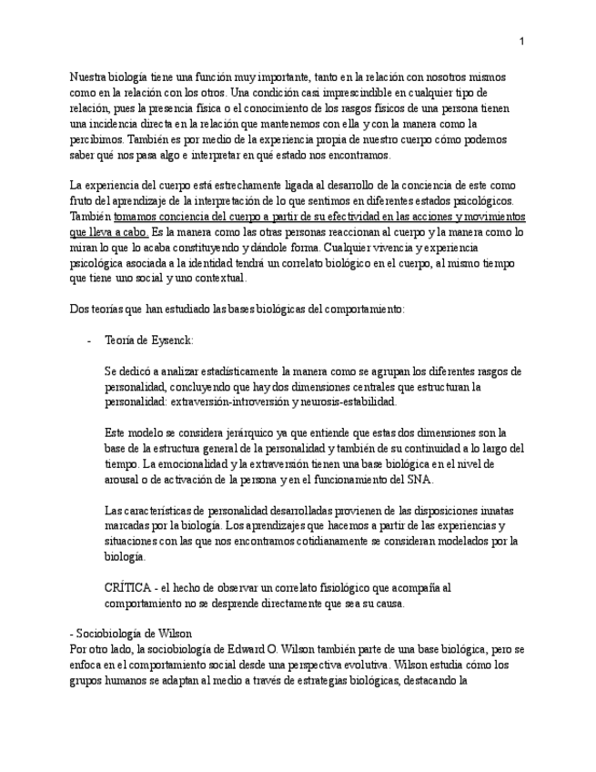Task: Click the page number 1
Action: (521, 41)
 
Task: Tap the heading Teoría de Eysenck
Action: (149, 340)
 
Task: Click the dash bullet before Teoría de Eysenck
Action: (88, 340)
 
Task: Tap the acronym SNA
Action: (419, 480)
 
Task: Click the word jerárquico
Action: (222, 432)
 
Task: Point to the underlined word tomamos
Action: (137, 217)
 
